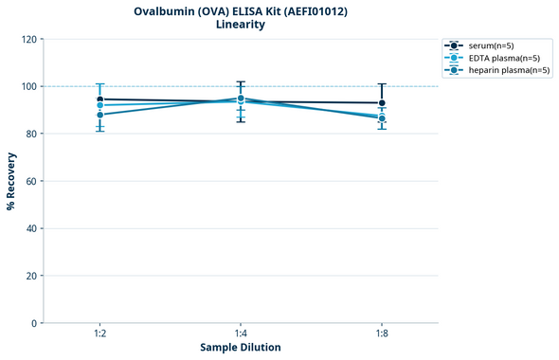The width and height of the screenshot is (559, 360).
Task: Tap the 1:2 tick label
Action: pyautogui.click(x=99, y=333)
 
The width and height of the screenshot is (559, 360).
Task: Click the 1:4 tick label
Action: pyautogui.click(x=241, y=333)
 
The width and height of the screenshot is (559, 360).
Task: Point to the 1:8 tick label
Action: pyautogui.click(x=382, y=333)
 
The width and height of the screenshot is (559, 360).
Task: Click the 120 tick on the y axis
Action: pyautogui.click(x=28, y=39)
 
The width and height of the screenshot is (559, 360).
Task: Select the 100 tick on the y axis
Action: pyautogui.click(x=28, y=86)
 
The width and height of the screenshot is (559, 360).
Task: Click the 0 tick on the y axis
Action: pyautogui.click(x=34, y=323)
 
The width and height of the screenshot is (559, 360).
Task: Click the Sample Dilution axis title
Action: pyautogui.click(x=241, y=348)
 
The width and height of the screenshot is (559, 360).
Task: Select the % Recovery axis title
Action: pyautogui.click(x=11, y=180)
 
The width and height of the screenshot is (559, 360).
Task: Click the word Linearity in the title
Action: pyautogui.click(x=241, y=25)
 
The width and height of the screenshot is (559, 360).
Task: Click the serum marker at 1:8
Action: pyautogui.click(x=382, y=103)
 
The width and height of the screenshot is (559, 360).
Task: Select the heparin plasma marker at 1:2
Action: pyautogui.click(x=99, y=115)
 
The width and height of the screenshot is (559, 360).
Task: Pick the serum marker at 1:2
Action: pyautogui.click(x=99, y=99)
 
